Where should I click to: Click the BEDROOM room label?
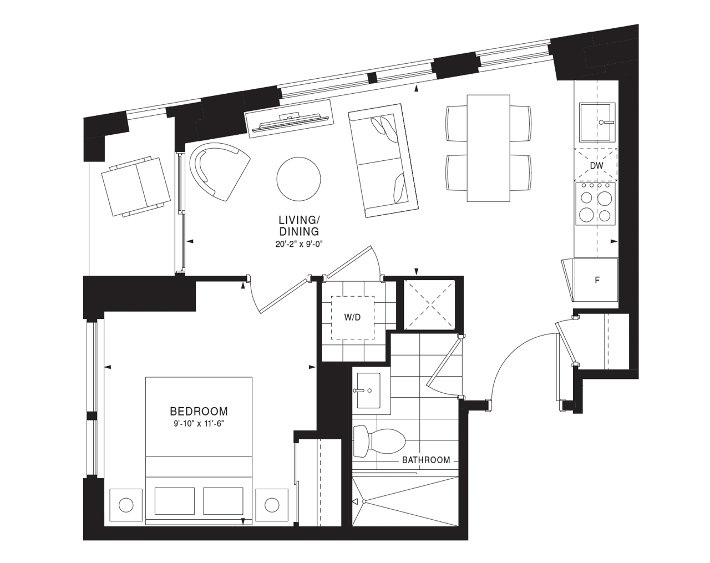click(x=199, y=411)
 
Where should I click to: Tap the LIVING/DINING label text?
click(x=299, y=226)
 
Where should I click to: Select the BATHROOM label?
click(x=426, y=460)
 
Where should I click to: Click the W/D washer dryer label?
click(x=352, y=317)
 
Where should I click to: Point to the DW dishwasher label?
click(x=596, y=166)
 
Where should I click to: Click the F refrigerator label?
click(x=597, y=280)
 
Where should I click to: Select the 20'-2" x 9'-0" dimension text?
click(x=299, y=244)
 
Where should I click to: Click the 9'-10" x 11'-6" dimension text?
click(x=199, y=424)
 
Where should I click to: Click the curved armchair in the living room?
click(x=219, y=170)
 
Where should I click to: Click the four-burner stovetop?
click(x=596, y=205)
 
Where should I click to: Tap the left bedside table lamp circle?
click(x=126, y=505)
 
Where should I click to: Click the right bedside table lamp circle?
click(x=271, y=505)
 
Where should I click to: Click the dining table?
click(x=488, y=148)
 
